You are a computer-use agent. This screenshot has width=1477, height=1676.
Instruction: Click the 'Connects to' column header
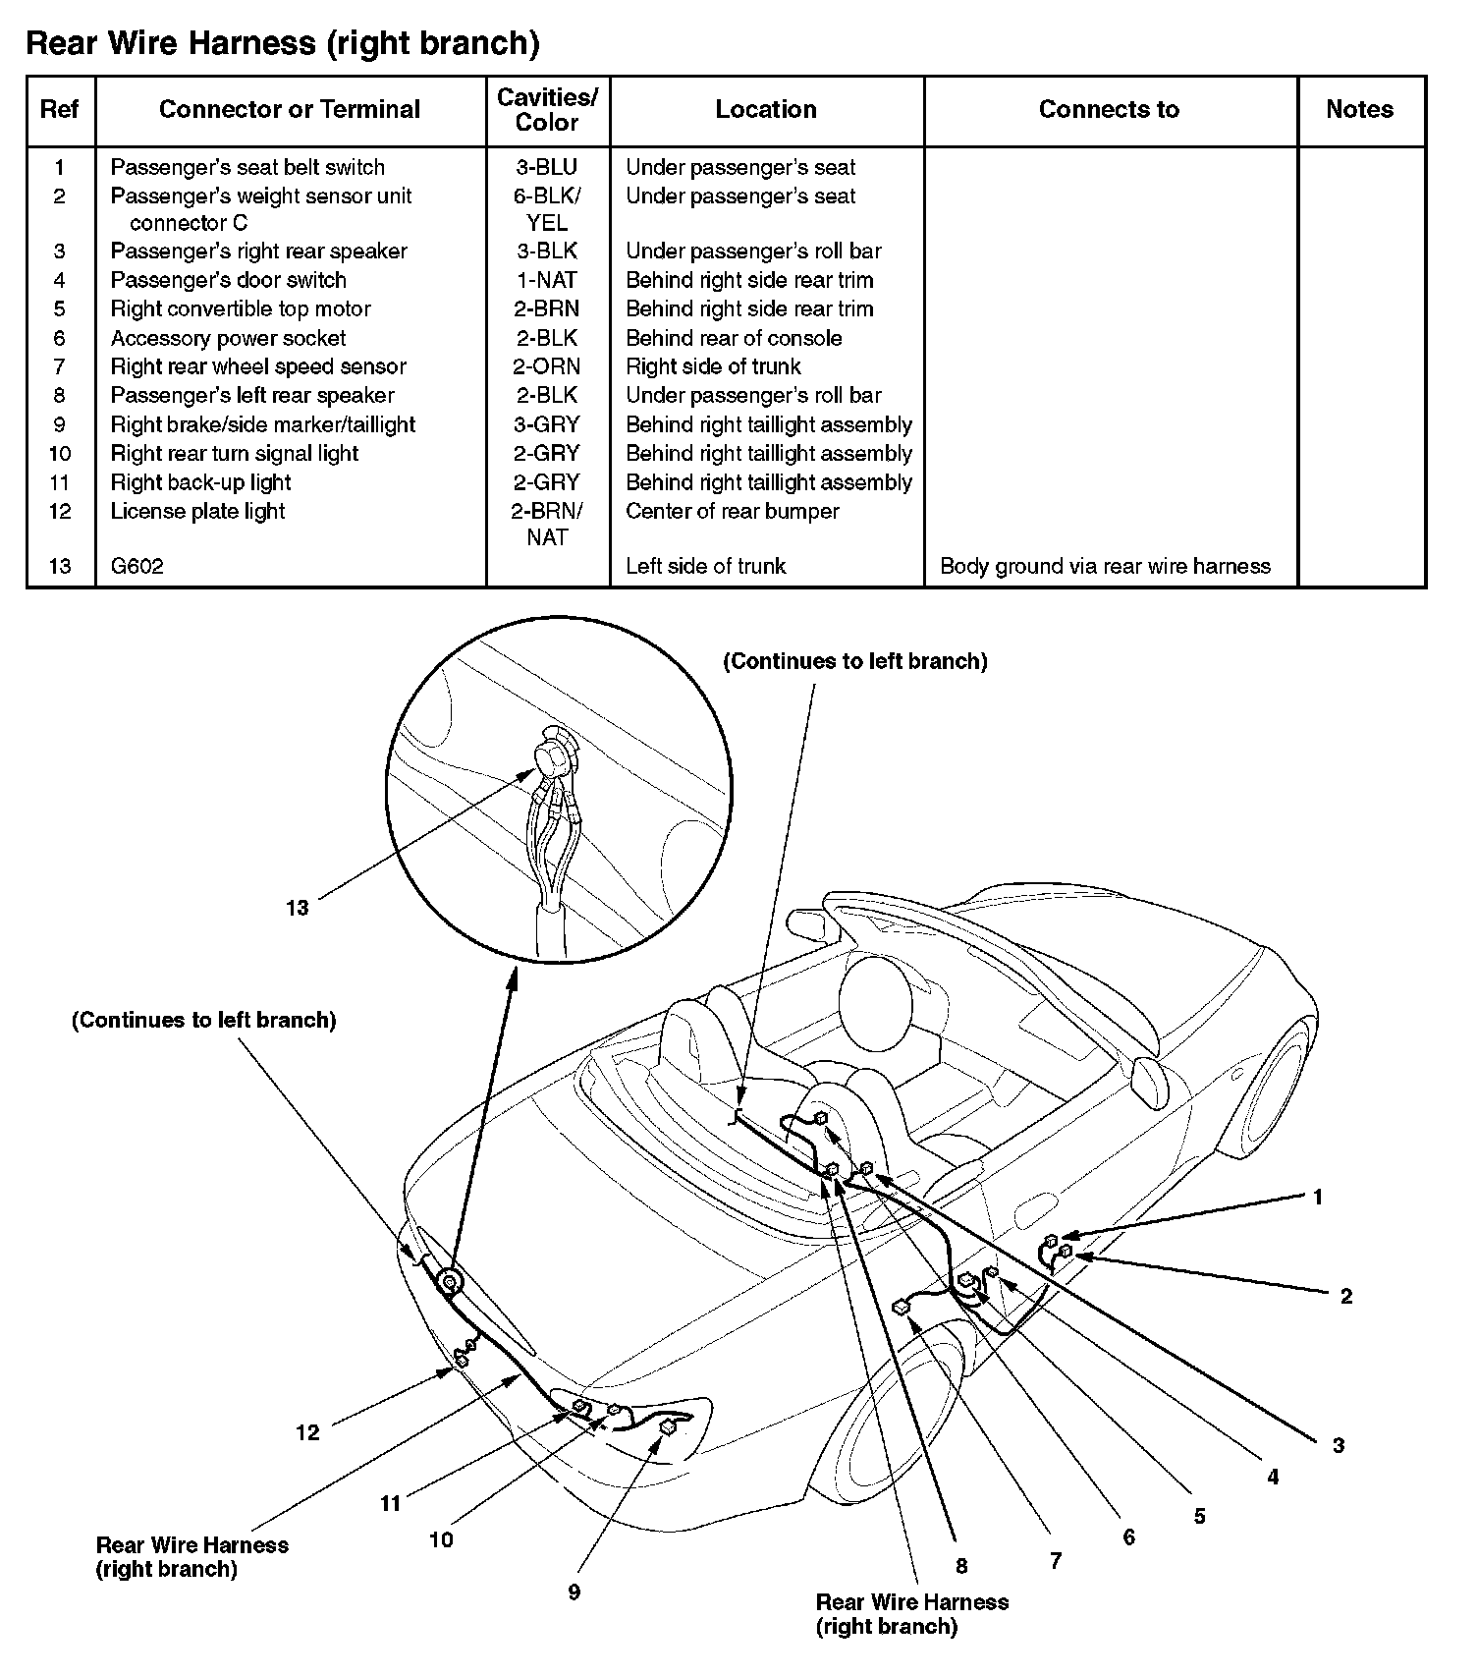click(1109, 109)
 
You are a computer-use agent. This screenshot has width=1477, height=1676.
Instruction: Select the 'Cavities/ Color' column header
click(547, 110)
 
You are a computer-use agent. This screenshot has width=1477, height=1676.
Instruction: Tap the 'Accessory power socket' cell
click(228, 338)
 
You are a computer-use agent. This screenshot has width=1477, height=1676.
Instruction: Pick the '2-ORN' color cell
click(547, 366)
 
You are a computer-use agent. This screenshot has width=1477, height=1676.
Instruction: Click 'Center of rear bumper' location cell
click(732, 511)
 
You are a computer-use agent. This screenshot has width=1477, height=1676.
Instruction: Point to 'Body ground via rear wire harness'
click(1105, 566)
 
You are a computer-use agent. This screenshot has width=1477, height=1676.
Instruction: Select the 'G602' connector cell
click(137, 566)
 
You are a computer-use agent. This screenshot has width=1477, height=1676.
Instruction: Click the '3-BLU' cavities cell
click(547, 167)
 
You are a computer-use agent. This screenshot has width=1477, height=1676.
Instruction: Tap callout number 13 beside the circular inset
click(297, 908)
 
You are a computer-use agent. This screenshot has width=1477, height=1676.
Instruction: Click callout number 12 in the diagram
click(307, 1432)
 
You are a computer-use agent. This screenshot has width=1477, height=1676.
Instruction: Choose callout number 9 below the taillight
click(574, 1592)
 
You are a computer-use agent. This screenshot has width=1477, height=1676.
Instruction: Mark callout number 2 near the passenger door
click(1345, 1296)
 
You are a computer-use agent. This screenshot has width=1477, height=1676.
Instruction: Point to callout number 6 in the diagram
click(1128, 1537)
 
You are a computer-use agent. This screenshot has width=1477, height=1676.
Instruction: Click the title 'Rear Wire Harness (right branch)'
click(283, 43)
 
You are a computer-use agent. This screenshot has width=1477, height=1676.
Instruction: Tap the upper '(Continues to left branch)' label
click(854, 661)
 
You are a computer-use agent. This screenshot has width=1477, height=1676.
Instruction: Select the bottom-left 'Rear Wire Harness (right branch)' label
click(191, 1557)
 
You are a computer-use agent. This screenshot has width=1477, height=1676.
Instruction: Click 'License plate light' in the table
click(197, 511)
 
